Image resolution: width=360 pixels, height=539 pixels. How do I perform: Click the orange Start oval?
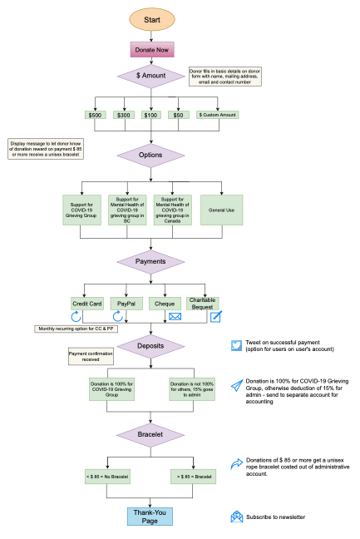click(152, 18)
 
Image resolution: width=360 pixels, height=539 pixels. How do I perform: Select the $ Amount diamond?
click(151, 76)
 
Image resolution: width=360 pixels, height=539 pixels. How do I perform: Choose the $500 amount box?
click(96, 115)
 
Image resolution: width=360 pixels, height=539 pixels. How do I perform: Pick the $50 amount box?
click(179, 115)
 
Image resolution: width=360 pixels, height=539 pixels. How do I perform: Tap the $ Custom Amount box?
click(217, 115)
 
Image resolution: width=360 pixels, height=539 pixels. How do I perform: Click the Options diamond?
click(150, 156)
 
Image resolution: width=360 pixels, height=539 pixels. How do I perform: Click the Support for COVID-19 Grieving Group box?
click(81, 210)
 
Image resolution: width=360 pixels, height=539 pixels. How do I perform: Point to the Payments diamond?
click(150, 261)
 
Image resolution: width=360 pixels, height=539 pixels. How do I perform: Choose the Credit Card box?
click(86, 304)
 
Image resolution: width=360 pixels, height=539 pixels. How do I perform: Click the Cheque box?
click(166, 304)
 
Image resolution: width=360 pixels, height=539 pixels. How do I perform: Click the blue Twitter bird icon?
click(236, 345)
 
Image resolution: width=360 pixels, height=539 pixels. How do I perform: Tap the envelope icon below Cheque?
click(175, 317)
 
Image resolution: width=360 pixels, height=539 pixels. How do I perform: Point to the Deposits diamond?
click(150, 346)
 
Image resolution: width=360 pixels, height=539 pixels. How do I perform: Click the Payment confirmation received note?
click(91, 356)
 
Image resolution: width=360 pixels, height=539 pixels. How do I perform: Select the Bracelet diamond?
click(150, 434)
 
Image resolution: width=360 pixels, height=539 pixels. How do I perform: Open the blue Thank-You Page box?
click(150, 517)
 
